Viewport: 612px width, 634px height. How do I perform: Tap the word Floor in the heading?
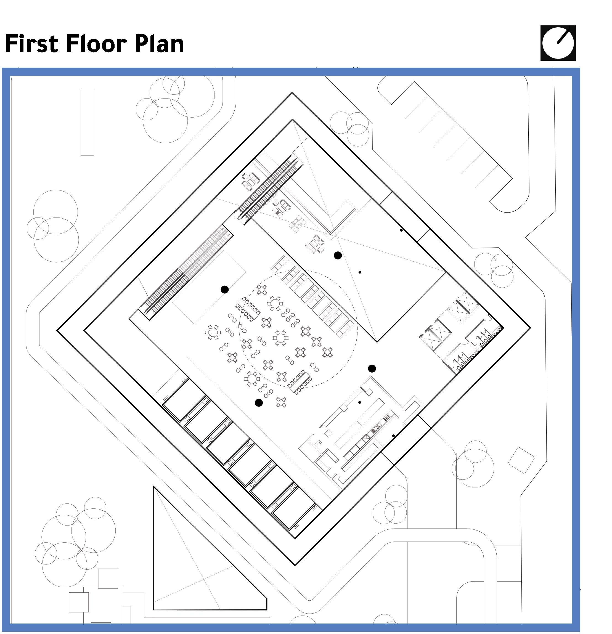point(94,44)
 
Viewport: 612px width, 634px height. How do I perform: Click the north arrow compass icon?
point(558,43)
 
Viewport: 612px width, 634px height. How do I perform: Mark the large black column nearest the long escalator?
point(224,290)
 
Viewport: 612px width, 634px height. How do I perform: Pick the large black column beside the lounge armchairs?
point(338,255)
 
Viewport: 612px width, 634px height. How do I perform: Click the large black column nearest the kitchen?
point(372,368)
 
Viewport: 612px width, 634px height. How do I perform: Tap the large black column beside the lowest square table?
point(258,402)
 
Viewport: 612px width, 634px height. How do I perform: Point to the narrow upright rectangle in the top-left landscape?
point(87,123)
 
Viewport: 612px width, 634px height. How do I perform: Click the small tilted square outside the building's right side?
point(521,461)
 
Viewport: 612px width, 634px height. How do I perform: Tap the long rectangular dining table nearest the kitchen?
point(300,382)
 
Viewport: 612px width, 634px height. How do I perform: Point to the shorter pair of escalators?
point(271,189)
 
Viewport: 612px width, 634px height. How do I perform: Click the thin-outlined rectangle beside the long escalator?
point(208,287)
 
